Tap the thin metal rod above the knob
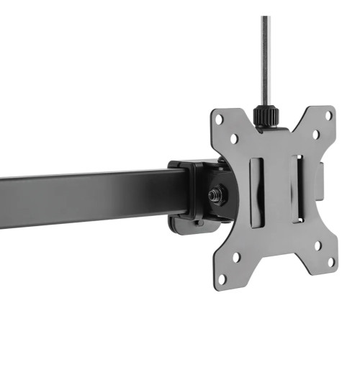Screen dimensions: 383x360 pos(265,58)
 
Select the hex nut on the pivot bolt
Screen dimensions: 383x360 pos(214,194)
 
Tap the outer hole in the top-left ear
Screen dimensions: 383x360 pos(220,117)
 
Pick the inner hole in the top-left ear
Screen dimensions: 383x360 pos(234,139)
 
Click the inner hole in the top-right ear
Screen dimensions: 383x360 pos(315,133)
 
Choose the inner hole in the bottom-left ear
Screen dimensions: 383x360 pos(236,256)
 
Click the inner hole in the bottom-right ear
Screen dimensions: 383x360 pos(318,244)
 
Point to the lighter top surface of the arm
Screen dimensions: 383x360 pos(86,175)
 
